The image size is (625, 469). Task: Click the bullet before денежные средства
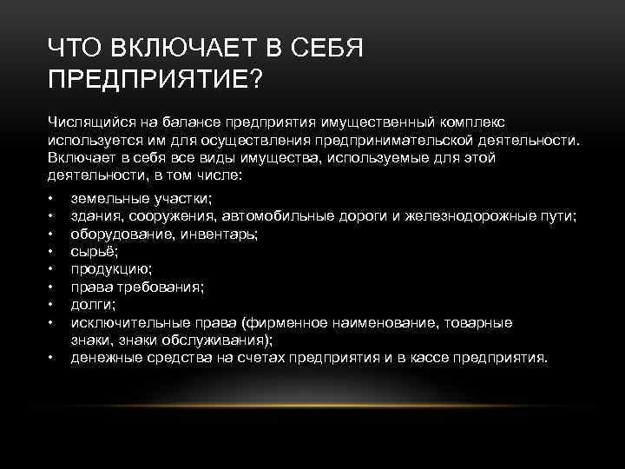pos(52,358)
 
